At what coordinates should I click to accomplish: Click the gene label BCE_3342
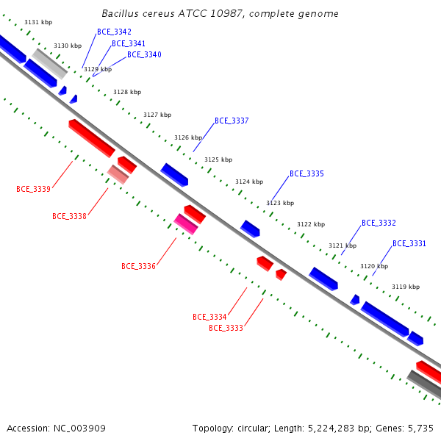114,32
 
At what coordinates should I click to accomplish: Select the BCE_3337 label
232,121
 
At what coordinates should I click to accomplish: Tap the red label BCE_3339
34,189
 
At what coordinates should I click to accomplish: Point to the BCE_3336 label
138,266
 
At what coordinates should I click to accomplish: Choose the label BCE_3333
226,328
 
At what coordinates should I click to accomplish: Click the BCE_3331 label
409,243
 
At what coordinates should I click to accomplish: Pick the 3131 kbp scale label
38,22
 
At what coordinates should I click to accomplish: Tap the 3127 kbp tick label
157,115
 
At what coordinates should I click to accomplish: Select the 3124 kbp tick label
249,182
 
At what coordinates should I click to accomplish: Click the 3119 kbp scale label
406,287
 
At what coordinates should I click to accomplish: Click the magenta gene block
186,224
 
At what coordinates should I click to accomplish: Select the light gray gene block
49,64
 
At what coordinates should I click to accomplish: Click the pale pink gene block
118,174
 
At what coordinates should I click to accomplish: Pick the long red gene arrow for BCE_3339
92,138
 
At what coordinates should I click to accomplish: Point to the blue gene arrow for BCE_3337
174,175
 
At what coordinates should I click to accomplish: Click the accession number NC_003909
79,429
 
